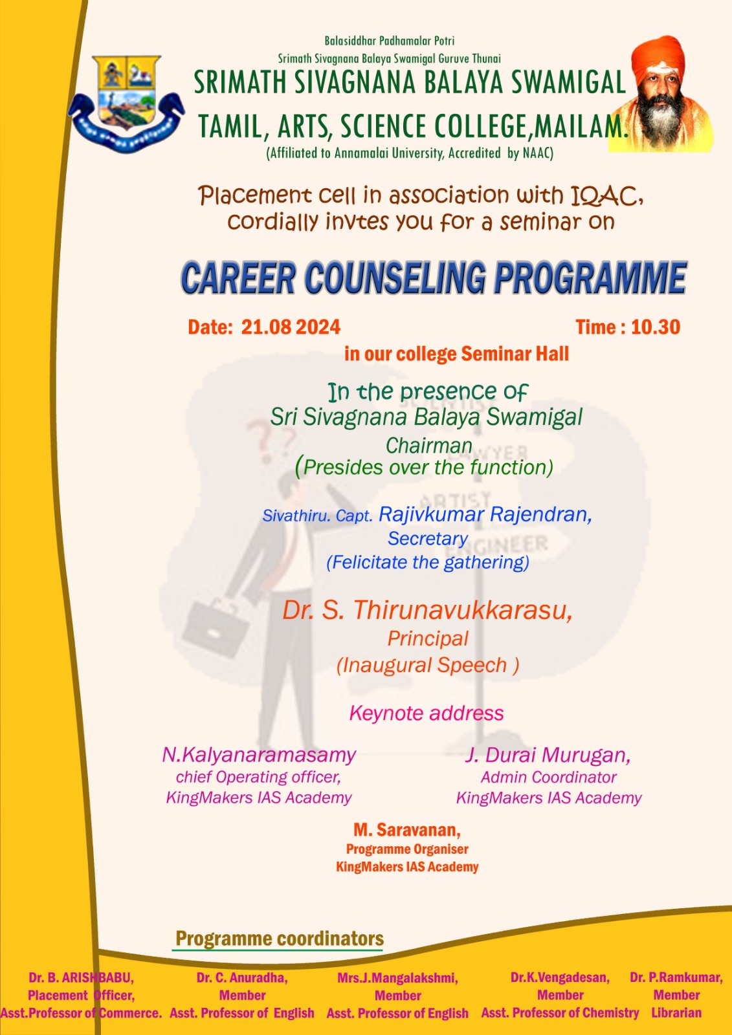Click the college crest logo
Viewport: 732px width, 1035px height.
[126, 103]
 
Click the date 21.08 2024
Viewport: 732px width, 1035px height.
[291, 327]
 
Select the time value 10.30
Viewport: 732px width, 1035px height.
[656, 327]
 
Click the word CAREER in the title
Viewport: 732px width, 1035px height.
[238, 278]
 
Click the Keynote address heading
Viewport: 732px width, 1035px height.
[427, 713]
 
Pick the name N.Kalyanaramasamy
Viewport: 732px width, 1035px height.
[259, 755]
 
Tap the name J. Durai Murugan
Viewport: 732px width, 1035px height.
[548, 755]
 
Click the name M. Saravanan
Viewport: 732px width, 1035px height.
[407, 830]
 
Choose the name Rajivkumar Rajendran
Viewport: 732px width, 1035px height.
[485, 514]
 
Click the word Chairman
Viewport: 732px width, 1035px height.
[429, 446]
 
